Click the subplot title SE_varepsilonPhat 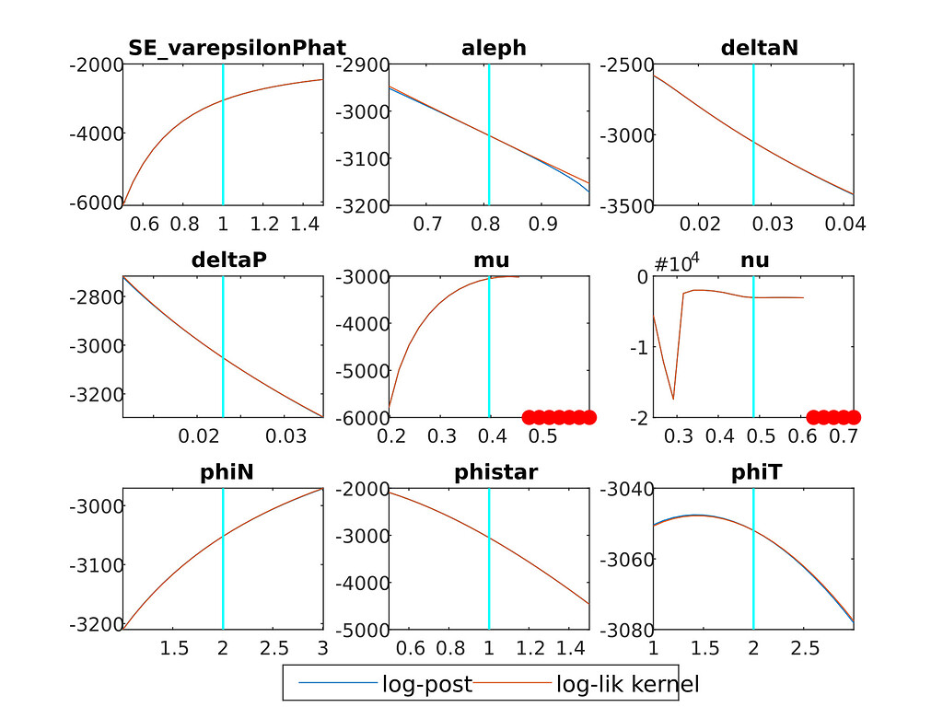tap(237, 48)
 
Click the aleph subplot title tap(494, 48)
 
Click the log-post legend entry tap(426, 684)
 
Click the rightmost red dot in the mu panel tap(588, 416)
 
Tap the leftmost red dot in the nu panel tap(813, 416)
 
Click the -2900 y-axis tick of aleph tap(361, 64)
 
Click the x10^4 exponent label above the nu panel tap(677, 263)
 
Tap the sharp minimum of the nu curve tap(673, 399)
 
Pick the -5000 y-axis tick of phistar tap(361, 630)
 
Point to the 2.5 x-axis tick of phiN tap(273, 648)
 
